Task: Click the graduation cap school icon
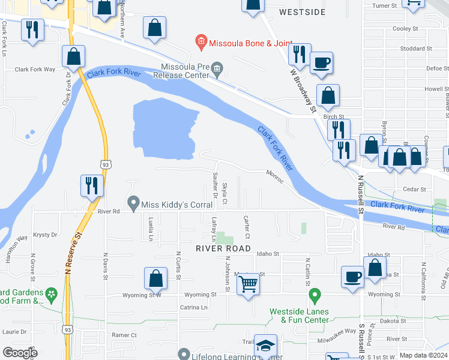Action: pos(265,346)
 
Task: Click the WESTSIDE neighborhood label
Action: pos(303,12)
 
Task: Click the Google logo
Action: pos(20,353)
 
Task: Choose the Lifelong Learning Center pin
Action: pos(184,354)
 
